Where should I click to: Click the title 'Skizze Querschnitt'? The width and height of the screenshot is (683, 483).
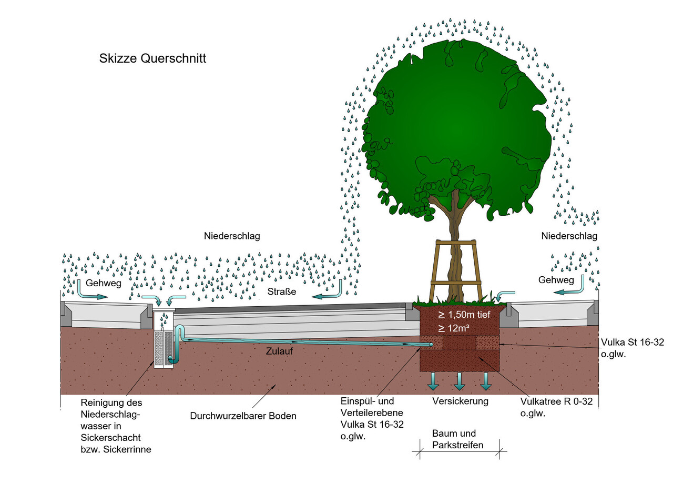(152, 58)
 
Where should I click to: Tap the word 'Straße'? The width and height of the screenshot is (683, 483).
(281, 291)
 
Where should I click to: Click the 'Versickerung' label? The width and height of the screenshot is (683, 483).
(460, 401)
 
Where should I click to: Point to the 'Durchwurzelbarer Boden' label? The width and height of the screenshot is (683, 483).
(243, 416)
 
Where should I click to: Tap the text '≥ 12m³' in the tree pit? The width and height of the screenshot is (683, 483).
(454, 328)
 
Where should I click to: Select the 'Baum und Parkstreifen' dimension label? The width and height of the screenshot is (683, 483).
(454, 439)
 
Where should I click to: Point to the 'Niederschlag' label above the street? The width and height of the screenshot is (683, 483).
(232, 236)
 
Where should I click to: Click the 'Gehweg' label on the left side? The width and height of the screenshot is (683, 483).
(104, 283)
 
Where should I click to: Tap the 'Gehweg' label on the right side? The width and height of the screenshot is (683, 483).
(556, 280)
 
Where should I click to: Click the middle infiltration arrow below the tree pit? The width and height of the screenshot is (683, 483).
(460, 381)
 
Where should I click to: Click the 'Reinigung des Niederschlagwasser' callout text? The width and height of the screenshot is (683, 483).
(113, 425)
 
